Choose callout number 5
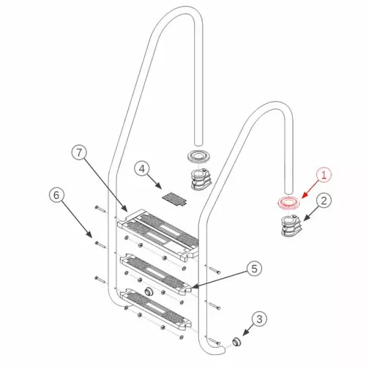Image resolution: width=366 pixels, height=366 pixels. click(253, 269)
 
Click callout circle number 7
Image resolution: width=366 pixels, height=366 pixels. click(81, 154)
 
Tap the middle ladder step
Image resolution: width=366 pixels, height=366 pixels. click(157, 272)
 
